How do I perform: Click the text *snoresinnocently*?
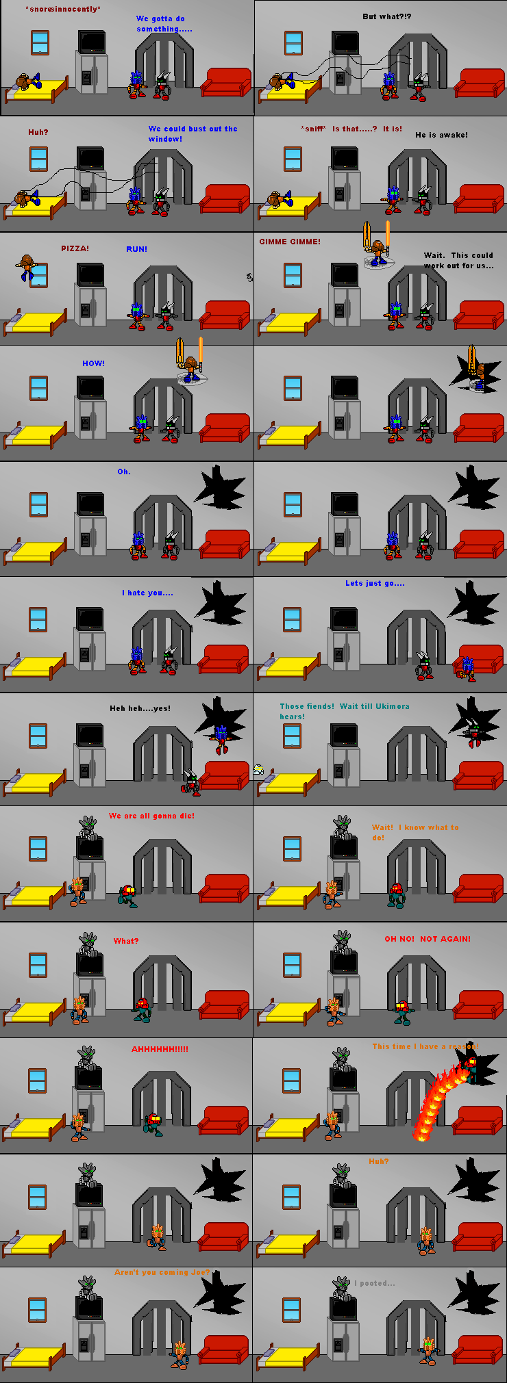(x=62, y=10)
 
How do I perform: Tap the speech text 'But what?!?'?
(x=386, y=16)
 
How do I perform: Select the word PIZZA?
(x=75, y=248)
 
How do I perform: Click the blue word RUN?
(x=136, y=249)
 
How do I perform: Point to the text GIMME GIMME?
(x=289, y=242)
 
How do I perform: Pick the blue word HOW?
(x=93, y=363)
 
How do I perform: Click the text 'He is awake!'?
(x=441, y=135)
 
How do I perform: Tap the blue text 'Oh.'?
(x=123, y=471)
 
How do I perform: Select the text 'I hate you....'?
(x=147, y=593)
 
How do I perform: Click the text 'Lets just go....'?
(x=375, y=583)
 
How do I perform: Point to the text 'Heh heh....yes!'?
(x=140, y=708)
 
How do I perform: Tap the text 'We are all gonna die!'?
(x=151, y=816)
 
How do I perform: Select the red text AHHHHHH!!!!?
(x=160, y=1049)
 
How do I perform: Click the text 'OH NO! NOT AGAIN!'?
(x=427, y=939)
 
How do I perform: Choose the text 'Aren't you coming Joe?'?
(x=162, y=1272)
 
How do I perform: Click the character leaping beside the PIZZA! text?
(x=26, y=267)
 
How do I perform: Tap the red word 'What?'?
(x=126, y=941)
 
